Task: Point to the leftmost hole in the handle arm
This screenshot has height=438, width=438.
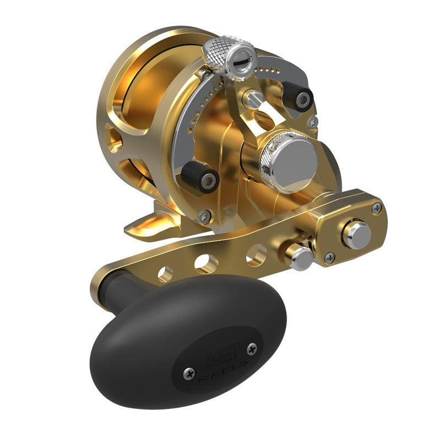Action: click(x=165, y=272)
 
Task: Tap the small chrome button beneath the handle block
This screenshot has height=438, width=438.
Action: click(x=301, y=257)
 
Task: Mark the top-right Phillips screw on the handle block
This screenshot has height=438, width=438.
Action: click(x=376, y=207)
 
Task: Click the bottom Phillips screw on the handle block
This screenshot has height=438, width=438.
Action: click(x=329, y=257)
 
